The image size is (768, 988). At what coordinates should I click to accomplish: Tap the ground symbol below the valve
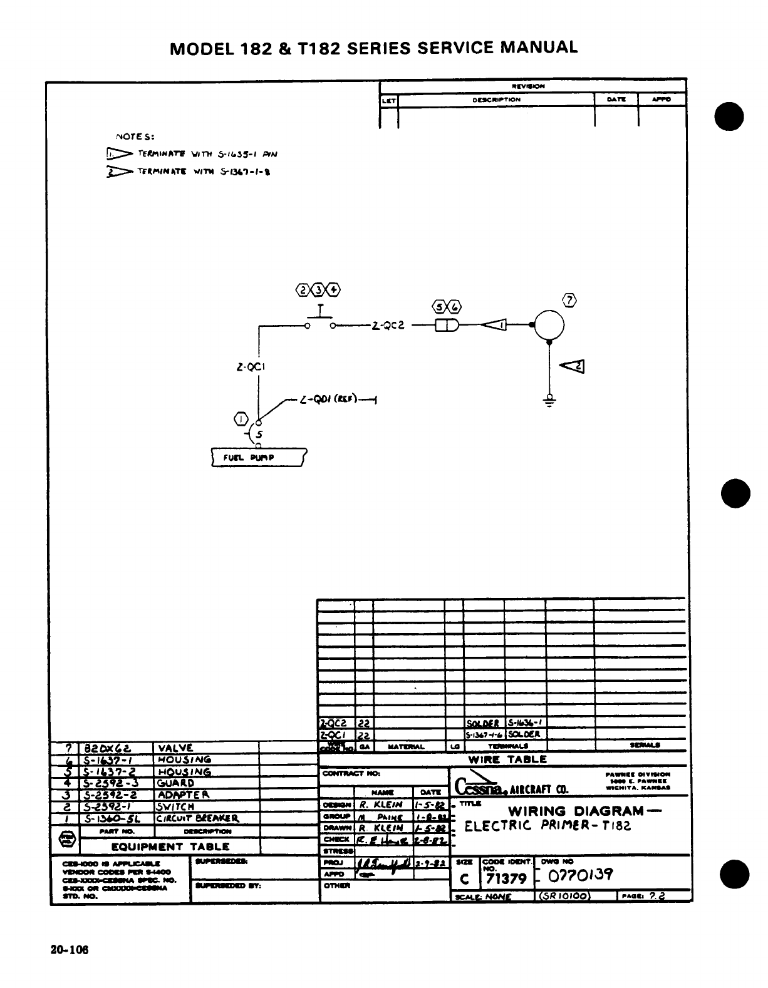click(x=549, y=399)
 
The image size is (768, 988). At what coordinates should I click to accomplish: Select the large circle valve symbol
click(x=549, y=324)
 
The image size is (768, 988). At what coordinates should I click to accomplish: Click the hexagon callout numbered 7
click(x=568, y=301)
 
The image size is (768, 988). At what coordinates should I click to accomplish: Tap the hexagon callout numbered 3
click(x=319, y=290)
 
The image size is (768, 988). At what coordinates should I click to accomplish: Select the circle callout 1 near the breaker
click(x=242, y=418)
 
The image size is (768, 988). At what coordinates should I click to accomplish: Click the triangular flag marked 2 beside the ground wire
click(x=573, y=367)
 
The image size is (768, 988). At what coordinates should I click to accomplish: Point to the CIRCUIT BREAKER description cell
click(x=198, y=818)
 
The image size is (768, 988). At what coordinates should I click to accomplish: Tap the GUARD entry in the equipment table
click(x=175, y=783)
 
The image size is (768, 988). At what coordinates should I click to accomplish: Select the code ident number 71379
click(x=506, y=878)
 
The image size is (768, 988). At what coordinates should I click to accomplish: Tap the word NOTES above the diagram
click(x=135, y=135)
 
